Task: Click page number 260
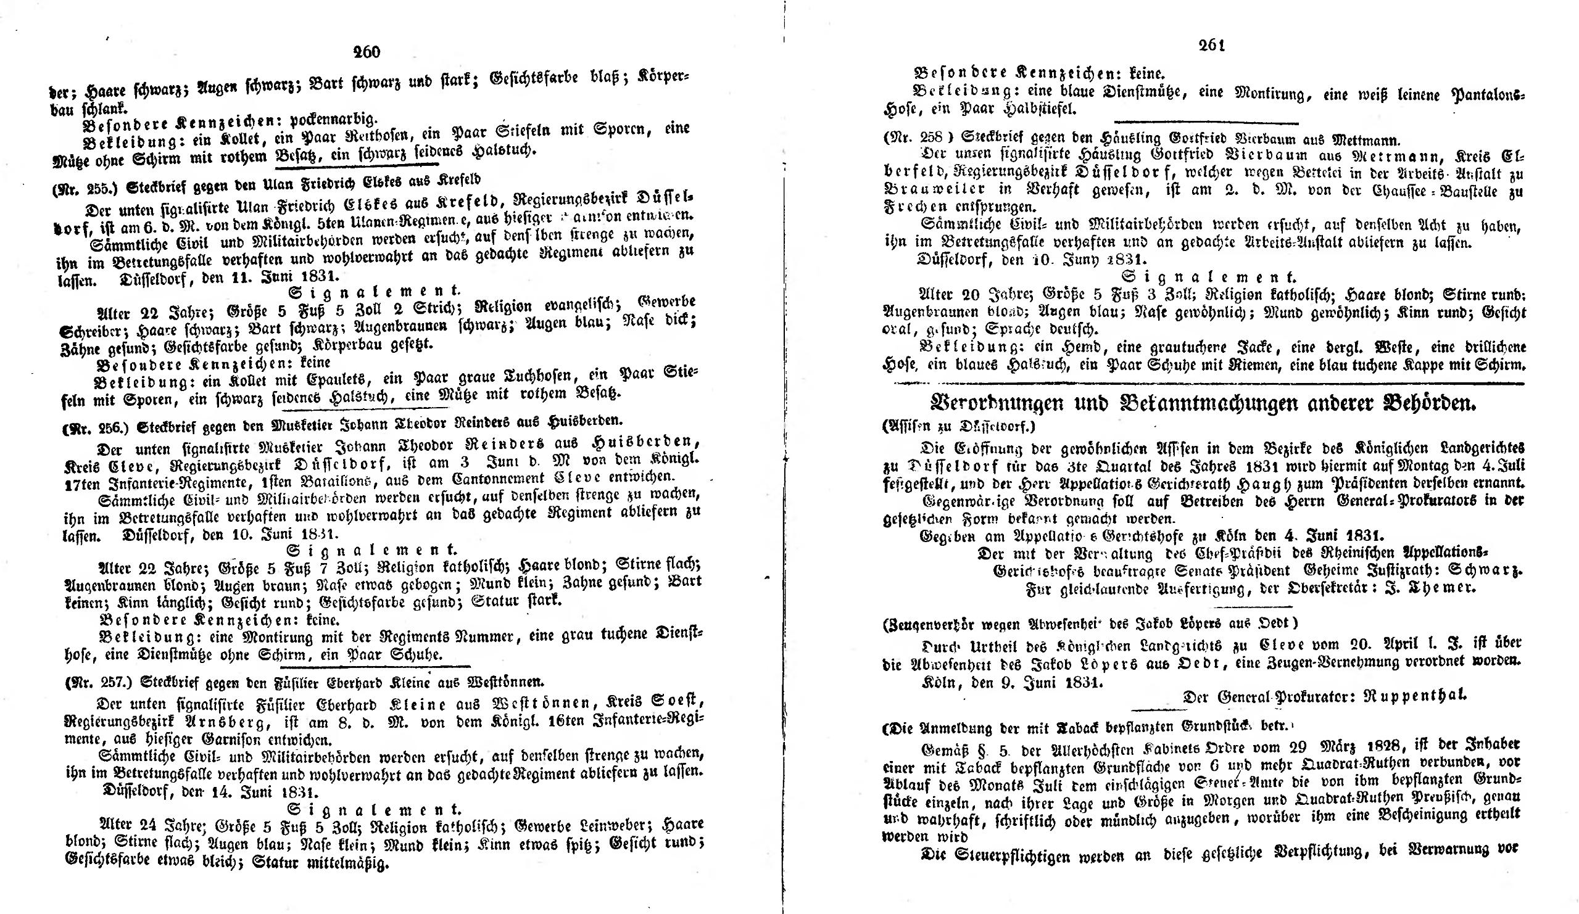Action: (x=367, y=52)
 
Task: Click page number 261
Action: (x=1212, y=45)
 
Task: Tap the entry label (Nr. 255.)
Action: (x=87, y=186)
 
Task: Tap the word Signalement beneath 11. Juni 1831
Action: (x=375, y=292)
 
